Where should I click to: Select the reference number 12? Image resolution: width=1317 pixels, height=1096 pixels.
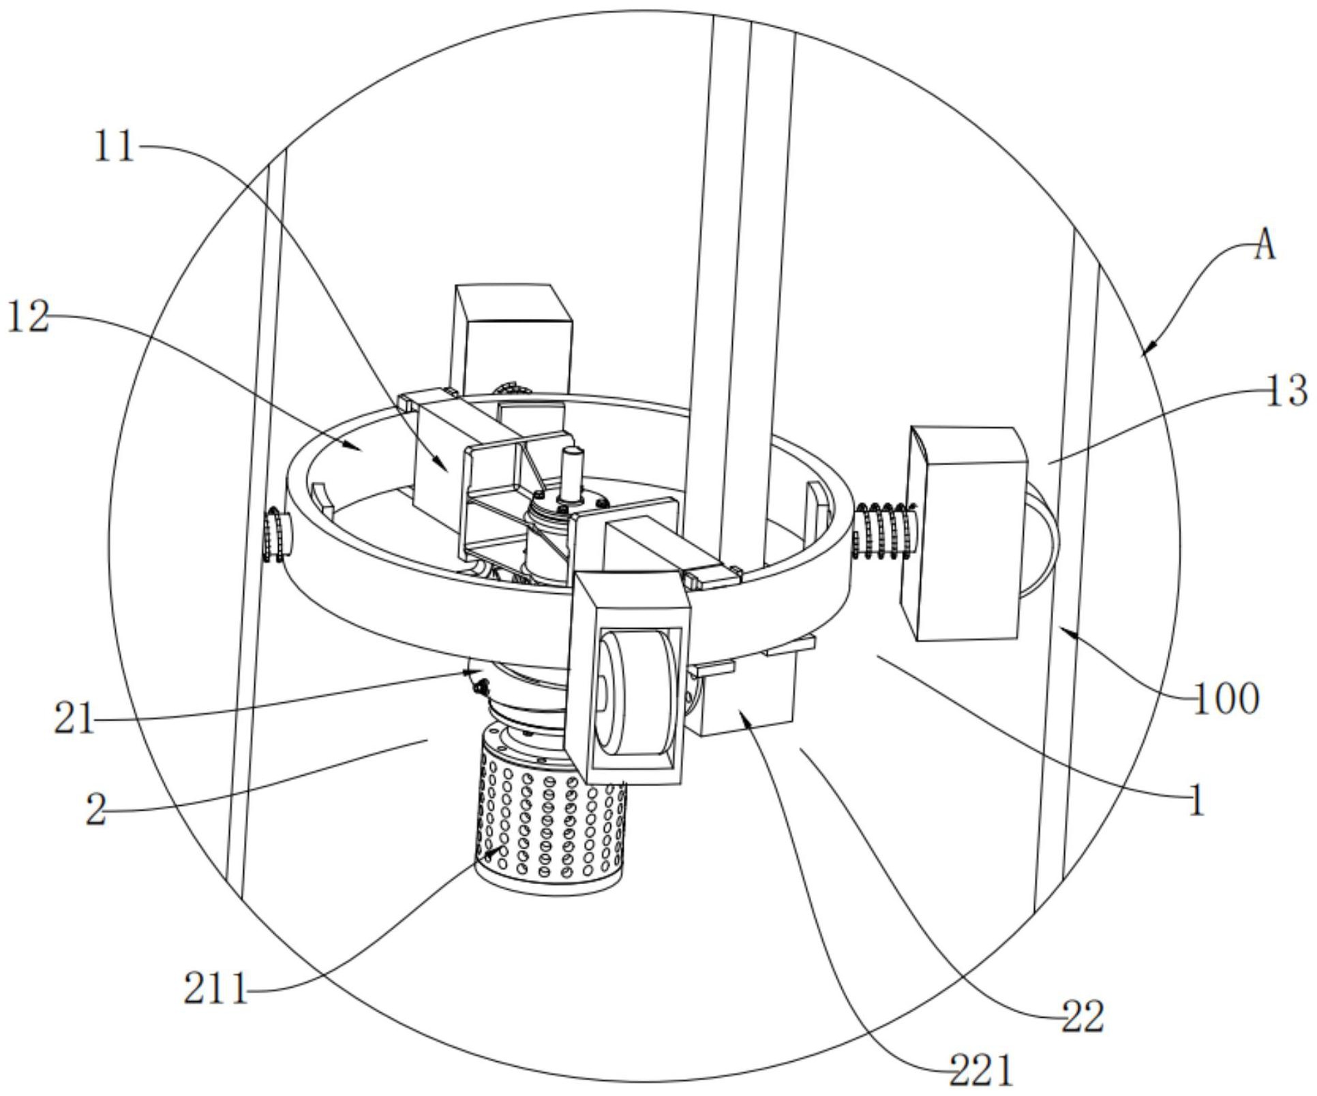pos(28,317)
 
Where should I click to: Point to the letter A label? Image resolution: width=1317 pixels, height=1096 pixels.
pos(1265,245)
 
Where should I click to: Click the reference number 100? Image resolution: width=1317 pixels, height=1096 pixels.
pos(1225,699)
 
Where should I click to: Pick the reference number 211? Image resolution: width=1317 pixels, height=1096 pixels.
pos(215,989)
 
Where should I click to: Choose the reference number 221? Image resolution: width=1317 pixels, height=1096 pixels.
pos(982,1071)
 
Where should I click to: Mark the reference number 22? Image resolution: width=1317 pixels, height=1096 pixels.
pos(1083,1018)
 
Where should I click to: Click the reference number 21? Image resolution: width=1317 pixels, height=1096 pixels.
pos(74,718)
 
